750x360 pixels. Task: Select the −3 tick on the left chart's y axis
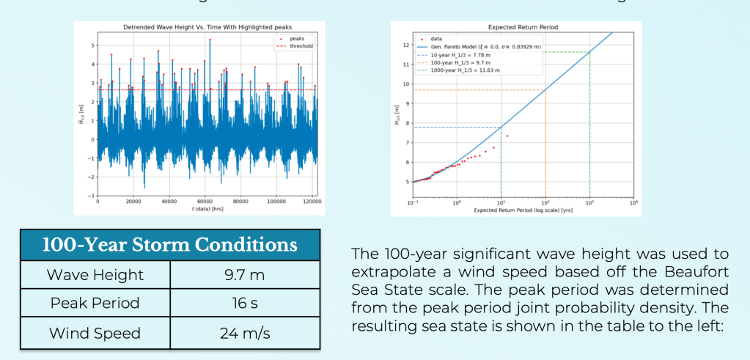[91, 196]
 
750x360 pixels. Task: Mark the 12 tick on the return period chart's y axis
[405, 45]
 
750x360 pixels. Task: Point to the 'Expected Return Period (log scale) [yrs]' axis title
[523, 210]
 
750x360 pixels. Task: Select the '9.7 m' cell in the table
[245, 275]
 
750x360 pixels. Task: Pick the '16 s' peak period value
[245, 304]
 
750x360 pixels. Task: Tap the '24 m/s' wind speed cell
[245, 333]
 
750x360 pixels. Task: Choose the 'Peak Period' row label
[94, 304]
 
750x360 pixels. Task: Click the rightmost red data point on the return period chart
[507, 136]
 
